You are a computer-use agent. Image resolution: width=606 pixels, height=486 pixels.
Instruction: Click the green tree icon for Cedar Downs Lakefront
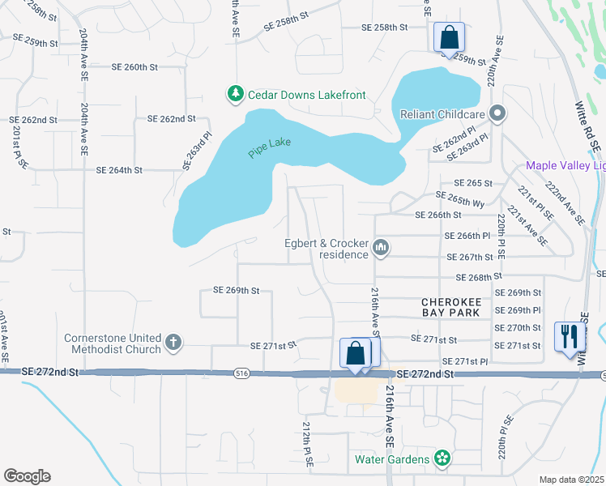pyautogui.click(x=236, y=95)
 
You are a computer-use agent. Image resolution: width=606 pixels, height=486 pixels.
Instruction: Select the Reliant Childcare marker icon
pyautogui.click(x=497, y=114)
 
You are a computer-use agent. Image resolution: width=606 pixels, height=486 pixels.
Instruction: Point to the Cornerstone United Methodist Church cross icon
pyautogui.click(x=173, y=343)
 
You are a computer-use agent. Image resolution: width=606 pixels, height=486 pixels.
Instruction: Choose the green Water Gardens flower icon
pyautogui.click(x=442, y=459)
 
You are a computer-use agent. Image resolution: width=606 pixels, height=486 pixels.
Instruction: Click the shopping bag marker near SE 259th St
pyautogui.click(x=448, y=37)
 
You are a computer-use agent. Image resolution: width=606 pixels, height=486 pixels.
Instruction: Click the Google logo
pyautogui.click(x=26, y=476)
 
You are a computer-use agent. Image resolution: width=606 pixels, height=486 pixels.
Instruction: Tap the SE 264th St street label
pyautogui.click(x=119, y=171)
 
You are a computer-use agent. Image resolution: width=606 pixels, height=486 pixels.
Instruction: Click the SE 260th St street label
pyautogui.click(x=130, y=66)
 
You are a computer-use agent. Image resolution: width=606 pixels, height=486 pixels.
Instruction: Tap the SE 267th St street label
pyautogui.click(x=469, y=258)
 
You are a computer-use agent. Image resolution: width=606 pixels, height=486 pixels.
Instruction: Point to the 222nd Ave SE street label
pyautogui.click(x=565, y=203)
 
